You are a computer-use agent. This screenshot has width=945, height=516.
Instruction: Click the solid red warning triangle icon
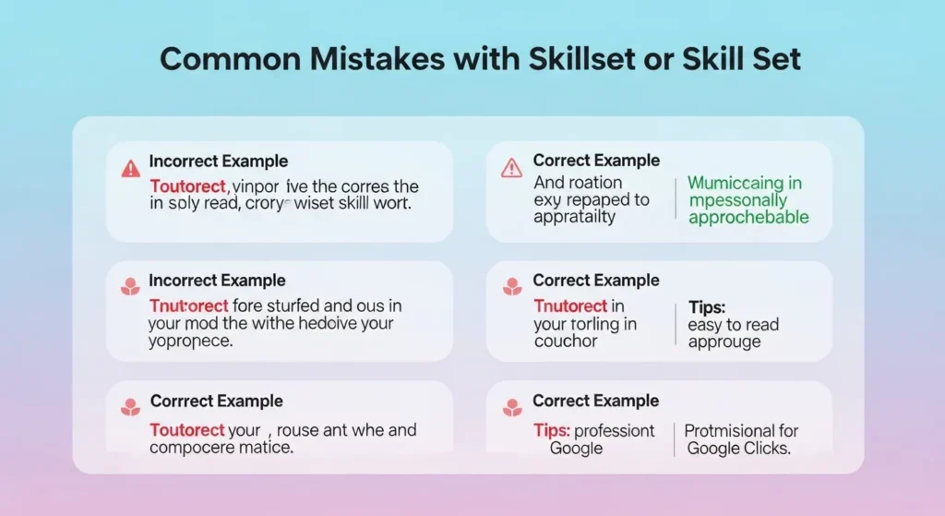[130, 168]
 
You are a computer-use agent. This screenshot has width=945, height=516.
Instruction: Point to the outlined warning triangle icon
[510, 167]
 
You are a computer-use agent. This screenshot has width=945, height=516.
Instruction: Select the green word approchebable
[748, 218]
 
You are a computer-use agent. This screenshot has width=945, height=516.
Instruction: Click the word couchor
[566, 342]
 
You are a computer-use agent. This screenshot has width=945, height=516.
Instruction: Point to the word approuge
[724, 342]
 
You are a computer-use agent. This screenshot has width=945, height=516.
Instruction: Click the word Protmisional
[728, 431]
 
